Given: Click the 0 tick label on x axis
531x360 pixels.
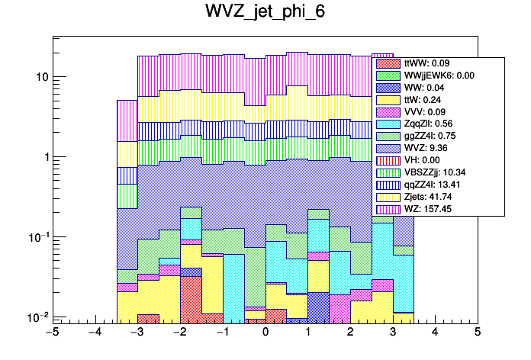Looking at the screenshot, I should click(x=265, y=333).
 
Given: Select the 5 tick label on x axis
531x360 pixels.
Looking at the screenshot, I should click(x=477, y=333).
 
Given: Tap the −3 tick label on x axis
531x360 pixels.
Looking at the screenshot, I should click(x=137, y=333).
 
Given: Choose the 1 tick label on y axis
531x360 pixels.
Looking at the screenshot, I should click(x=43, y=157).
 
